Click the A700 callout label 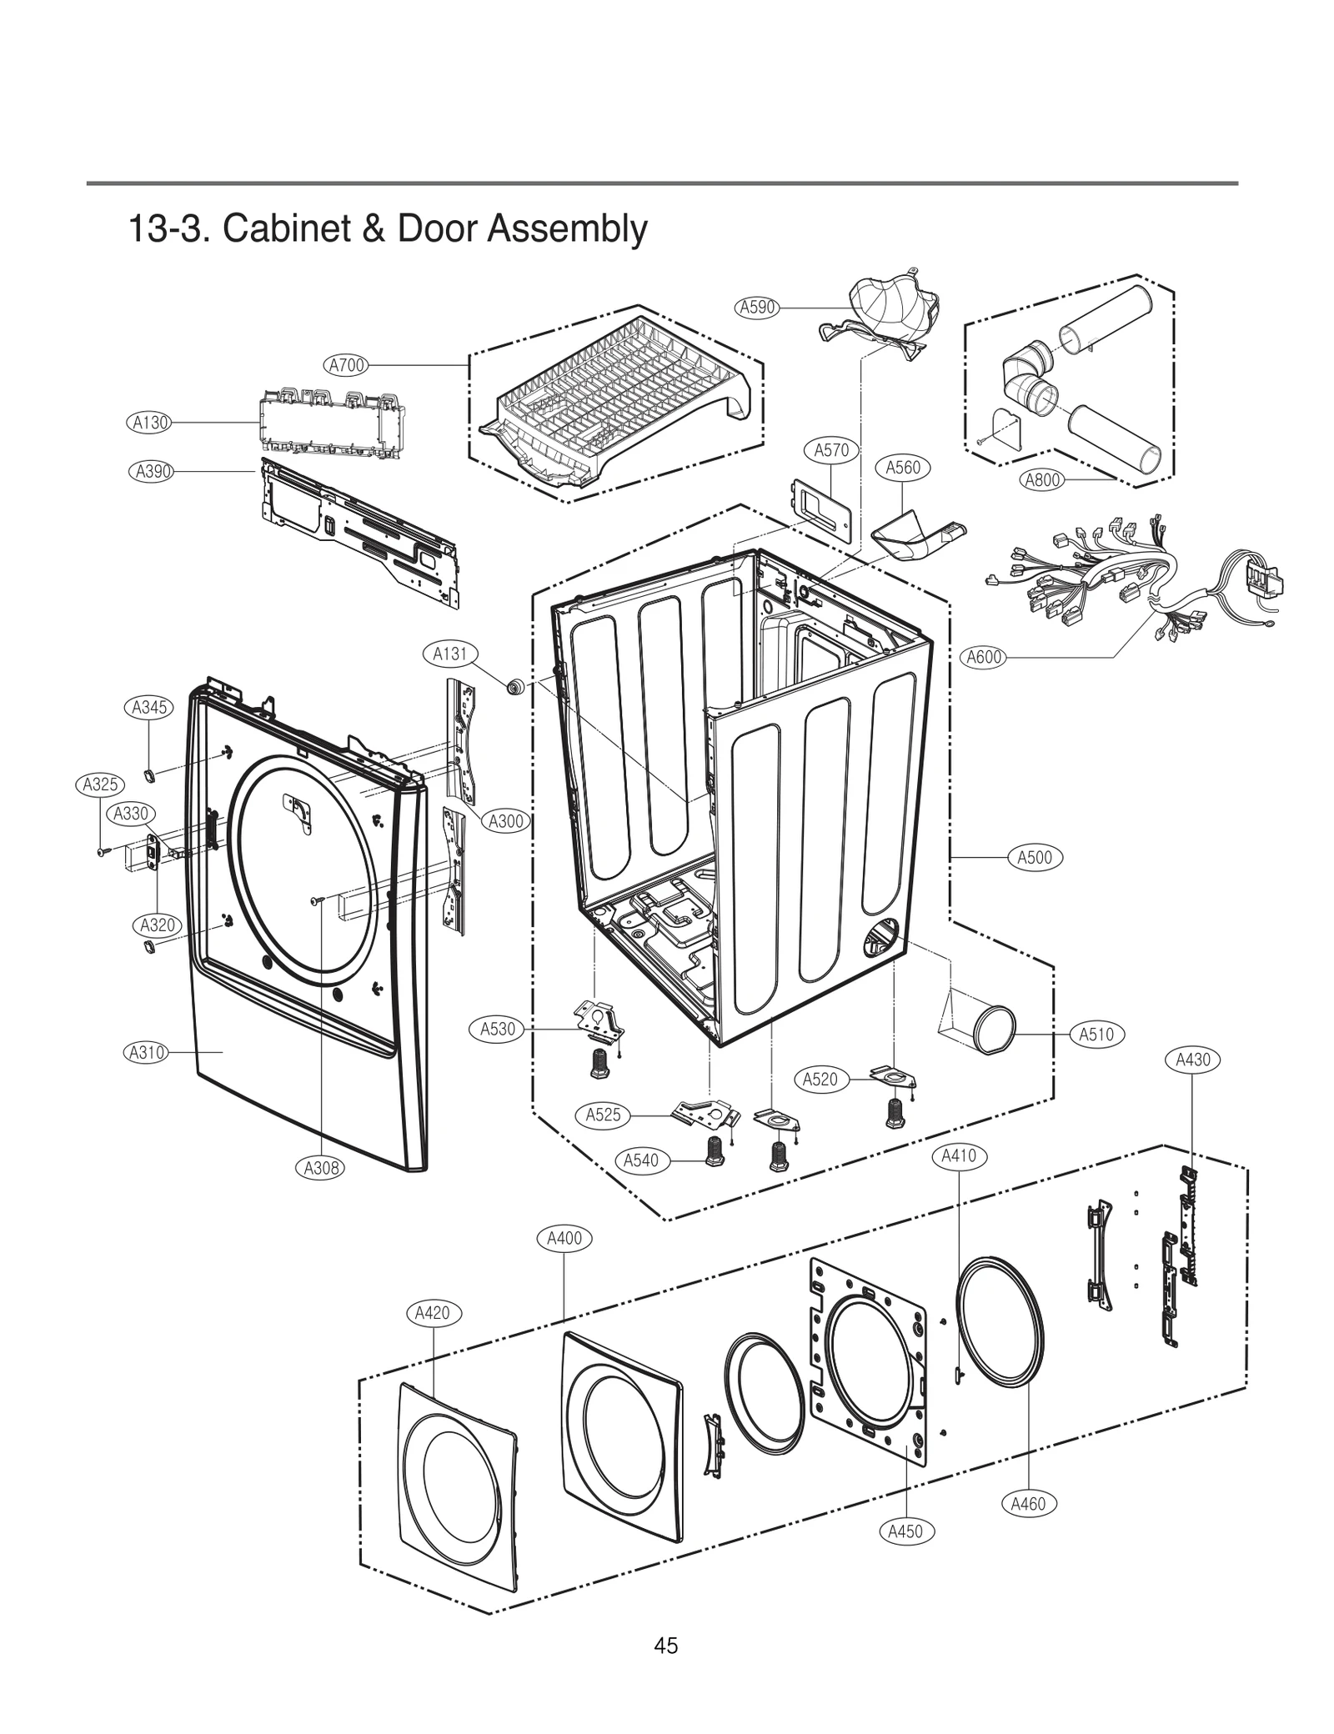(x=345, y=365)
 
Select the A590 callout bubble (x=757, y=307)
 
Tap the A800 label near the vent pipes (x=1042, y=480)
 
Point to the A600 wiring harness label (x=984, y=657)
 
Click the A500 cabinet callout (x=1035, y=857)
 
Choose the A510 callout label (x=1096, y=1035)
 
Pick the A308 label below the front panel (x=321, y=1168)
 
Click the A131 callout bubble (x=449, y=654)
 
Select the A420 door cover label (x=433, y=1313)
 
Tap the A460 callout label (x=1027, y=1504)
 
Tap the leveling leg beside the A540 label (x=715, y=1151)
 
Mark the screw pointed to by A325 (x=101, y=852)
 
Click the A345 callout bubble (x=149, y=708)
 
